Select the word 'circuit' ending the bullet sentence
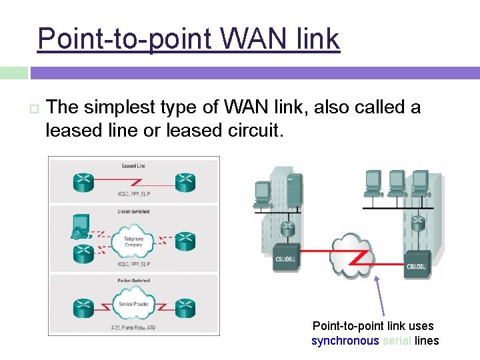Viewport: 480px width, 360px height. click(257, 130)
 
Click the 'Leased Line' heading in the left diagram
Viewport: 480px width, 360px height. click(133, 165)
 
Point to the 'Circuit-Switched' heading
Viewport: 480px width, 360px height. click(133, 212)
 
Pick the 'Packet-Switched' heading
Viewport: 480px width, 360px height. click(133, 281)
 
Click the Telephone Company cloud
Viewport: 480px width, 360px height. click(133, 241)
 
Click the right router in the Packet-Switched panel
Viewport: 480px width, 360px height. click(184, 307)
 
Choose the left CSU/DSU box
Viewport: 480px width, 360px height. click(288, 258)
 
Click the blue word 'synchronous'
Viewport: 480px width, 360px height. click(345, 341)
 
